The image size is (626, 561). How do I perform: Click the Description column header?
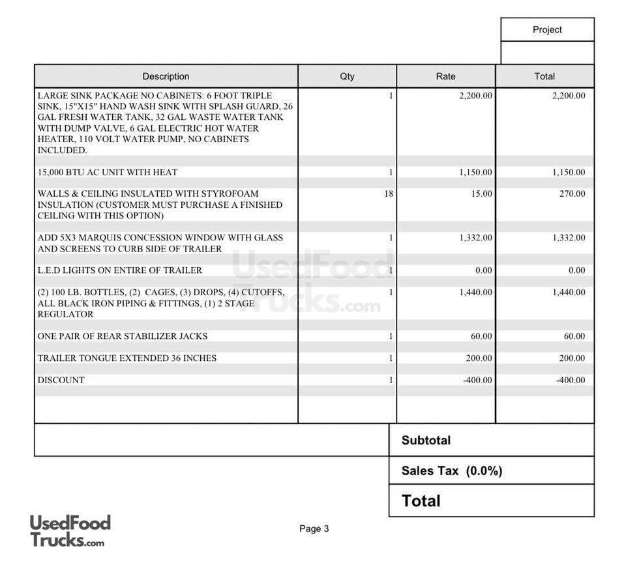point(166,76)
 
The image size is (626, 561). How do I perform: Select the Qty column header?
point(347,76)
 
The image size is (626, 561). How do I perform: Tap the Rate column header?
point(445,76)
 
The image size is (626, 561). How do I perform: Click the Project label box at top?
point(547,30)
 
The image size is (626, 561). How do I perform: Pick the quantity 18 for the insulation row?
point(389,194)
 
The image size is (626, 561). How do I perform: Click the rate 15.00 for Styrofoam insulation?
point(481,194)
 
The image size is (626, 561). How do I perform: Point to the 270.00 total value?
point(572,194)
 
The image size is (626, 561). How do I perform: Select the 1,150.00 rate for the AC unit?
point(475,173)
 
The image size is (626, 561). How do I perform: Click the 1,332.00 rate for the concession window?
point(475,238)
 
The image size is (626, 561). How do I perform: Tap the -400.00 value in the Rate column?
point(477,380)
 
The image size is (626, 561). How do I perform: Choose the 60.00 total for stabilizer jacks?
point(574,336)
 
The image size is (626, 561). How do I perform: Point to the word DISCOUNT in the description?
point(61,380)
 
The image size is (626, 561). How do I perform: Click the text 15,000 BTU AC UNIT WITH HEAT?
point(108,173)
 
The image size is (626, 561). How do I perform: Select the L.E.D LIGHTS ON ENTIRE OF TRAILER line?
point(120,270)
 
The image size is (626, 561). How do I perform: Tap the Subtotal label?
point(426,440)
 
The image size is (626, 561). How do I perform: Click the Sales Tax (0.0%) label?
point(452,470)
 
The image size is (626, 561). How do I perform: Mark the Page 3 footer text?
point(314,528)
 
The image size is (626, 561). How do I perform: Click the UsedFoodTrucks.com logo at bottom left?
point(70,530)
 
